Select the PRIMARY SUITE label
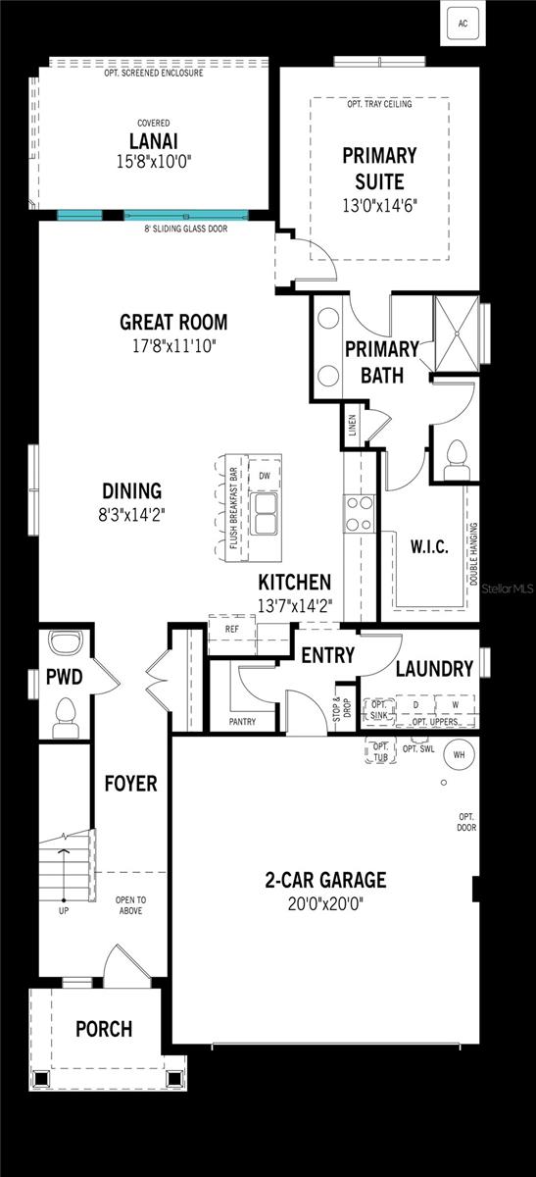click(x=379, y=168)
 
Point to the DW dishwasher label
click(x=264, y=476)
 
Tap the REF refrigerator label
click(x=231, y=629)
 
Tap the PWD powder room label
click(x=64, y=677)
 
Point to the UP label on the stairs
click(x=64, y=910)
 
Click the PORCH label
click(x=104, y=1029)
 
